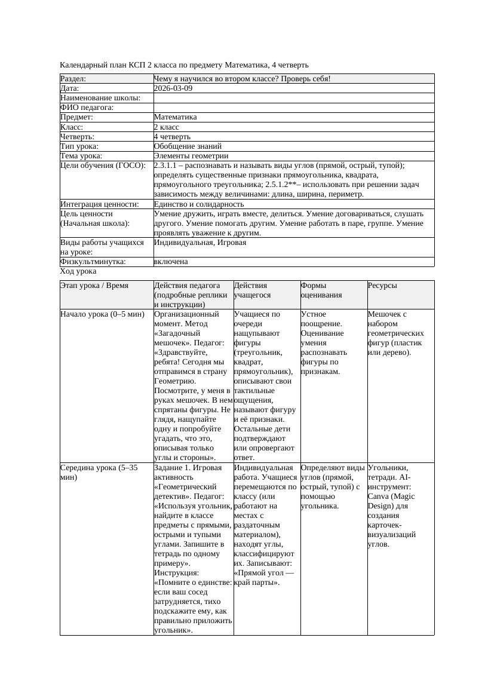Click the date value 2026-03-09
tap(173, 88)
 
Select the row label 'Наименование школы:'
tap(100, 97)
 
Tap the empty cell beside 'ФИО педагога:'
tap(293, 108)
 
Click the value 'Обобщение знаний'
tap(188, 146)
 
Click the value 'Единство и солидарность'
tap(199, 204)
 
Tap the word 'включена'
tap(171, 262)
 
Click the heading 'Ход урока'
tap(78, 271)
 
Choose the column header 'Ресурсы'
tap(382, 286)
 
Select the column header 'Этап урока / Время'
tap(94, 286)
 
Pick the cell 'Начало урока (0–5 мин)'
tap(103, 314)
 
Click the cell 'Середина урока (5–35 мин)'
tap(99, 472)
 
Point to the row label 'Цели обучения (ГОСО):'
tap(103, 165)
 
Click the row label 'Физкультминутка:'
tap(93, 262)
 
